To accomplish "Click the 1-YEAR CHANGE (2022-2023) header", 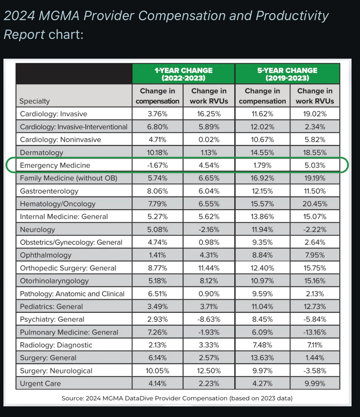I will pos(183,74).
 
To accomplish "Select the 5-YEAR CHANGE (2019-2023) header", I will pos(287,74).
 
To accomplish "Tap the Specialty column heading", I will pos(35,101).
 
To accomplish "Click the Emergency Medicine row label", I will pos(55,165).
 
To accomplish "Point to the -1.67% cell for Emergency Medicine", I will pos(157,165).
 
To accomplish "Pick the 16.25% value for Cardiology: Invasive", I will pos(209,114).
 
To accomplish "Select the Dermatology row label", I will pos(41,153).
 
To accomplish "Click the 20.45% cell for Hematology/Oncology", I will pos(315,204).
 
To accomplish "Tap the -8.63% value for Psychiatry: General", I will pos(209,319).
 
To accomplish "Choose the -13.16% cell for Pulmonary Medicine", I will pos(315,332).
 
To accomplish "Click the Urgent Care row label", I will pos(40,384).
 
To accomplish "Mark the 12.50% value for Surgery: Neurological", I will pos(209,371).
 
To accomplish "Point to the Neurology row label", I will pos(37,230).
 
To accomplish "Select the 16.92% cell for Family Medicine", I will pos(262,178).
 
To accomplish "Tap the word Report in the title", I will pos(24,34).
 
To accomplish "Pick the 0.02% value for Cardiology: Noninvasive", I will pos(209,140).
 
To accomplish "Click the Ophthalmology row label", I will pos(46,255).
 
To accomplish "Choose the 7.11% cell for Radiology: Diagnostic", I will pos(315,345).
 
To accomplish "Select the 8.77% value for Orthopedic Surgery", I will pos(157,268).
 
